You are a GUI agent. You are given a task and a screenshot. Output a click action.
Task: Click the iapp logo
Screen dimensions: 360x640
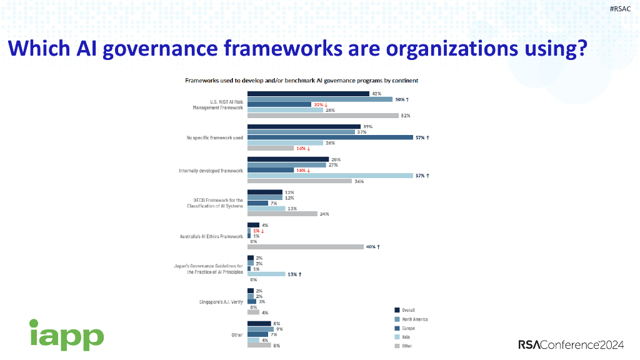click(66, 334)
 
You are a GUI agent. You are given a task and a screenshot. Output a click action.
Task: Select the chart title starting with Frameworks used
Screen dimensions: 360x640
click(301, 81)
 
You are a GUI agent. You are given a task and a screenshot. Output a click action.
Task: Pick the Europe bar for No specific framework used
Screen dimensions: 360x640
click(330, 137)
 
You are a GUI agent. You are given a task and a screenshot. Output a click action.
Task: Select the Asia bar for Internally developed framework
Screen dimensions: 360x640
click(330, 176)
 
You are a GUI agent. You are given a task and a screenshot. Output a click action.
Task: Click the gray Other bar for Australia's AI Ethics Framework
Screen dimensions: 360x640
click(306, 247)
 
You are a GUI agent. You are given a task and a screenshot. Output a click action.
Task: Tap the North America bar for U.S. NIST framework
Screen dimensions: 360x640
click(320, 99)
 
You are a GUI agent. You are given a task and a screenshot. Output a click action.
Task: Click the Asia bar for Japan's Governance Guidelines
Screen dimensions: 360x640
click(266, 274)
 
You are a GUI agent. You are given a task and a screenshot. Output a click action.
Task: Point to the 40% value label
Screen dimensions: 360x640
click(371, 247)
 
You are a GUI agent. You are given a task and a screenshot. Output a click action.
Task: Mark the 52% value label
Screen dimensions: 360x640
click(405, 116)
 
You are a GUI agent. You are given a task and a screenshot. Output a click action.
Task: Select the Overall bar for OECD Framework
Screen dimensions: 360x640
click(265, 192)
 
